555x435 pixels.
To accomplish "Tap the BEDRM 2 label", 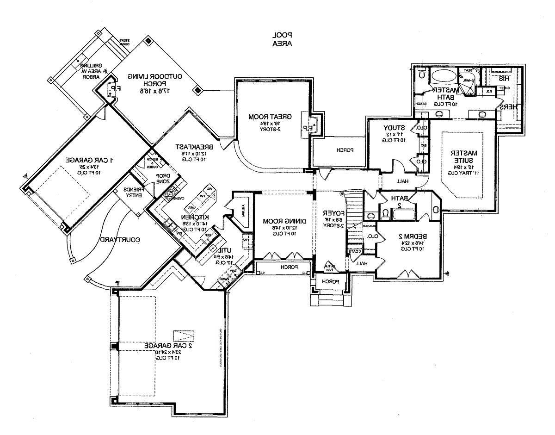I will coord(409,236).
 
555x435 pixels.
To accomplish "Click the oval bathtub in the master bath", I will coord(444,75).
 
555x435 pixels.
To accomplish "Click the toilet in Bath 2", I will coord(385,214).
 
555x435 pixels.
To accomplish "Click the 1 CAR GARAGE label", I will coord(90,160).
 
